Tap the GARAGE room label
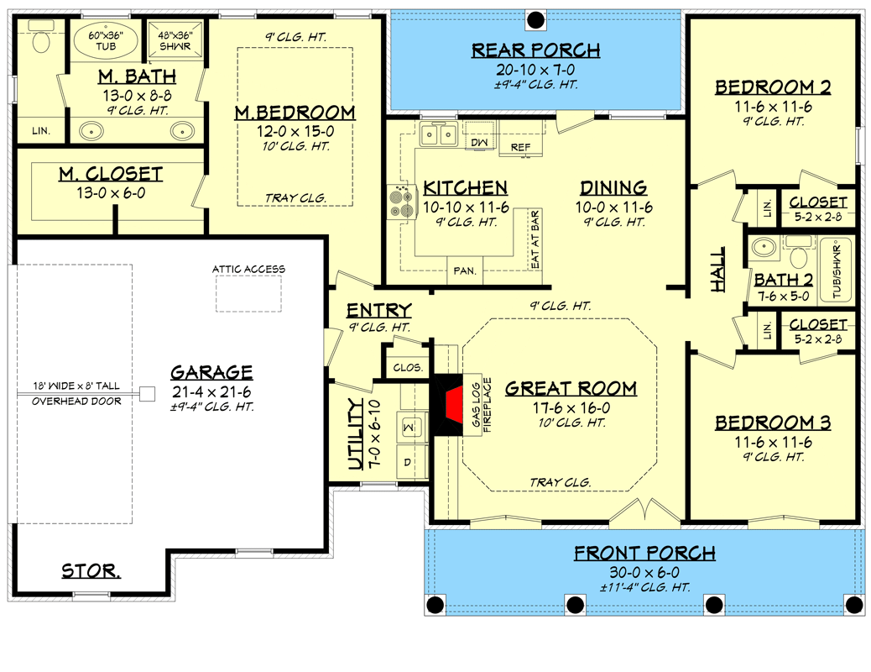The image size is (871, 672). coord(211,372)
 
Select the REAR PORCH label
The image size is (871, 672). coord(536,50)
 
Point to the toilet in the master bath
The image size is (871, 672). coord(41,36)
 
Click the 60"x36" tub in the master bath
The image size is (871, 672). coord(106,40)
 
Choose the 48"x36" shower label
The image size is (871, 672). coord(175,40)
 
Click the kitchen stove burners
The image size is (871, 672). coord(402,202)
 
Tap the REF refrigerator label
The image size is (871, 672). coord(520,147)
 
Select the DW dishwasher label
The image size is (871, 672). coord(479,143)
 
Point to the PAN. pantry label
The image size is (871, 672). coord(465,271)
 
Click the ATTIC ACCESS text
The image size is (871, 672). coord(249,270)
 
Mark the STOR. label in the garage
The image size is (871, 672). coord(91,570)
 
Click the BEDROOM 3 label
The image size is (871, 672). coord(773,423)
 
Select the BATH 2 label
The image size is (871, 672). coord(784,279)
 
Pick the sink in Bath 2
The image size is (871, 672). coord(764,246)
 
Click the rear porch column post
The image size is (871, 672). coord(535,21)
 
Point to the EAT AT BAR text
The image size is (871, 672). coord(535,239)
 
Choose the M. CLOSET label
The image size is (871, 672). coord(111,174)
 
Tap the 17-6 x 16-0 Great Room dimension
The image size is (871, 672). coord(571,407)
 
